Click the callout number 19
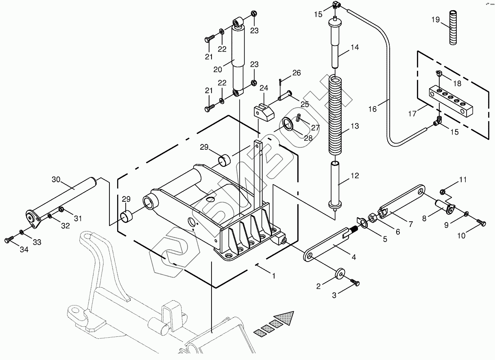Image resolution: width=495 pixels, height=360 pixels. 436,20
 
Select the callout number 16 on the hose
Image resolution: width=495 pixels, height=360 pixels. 373,109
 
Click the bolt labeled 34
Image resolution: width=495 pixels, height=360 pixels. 9,240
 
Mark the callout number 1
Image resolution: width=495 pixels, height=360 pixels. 274,275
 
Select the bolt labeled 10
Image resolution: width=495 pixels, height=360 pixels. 482,223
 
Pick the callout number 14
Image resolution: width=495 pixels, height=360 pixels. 355,47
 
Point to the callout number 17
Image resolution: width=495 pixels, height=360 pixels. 412,113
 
